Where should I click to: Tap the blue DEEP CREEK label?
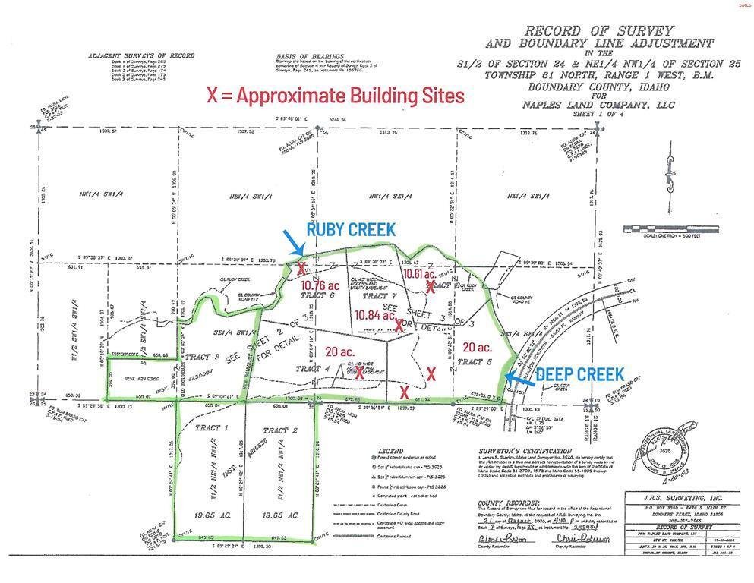click(580, 373)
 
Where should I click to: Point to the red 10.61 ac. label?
click(418, 273)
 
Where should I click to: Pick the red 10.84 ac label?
click(374, 314)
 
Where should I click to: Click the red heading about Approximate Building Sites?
click(335, 96)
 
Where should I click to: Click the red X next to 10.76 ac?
click(302, 269)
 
